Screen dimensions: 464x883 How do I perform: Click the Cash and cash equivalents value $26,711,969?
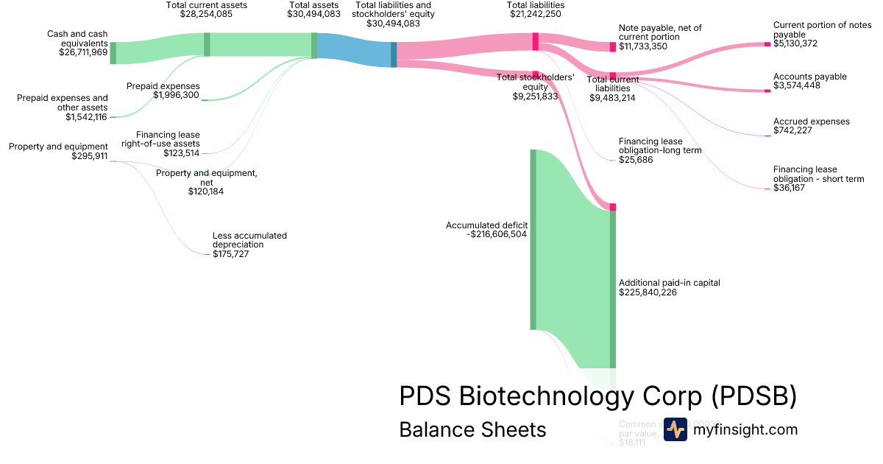(x=83, y=52)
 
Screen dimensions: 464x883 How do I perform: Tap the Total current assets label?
(x=207, y=5)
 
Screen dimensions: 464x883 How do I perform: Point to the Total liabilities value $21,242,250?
(x=536, y=14)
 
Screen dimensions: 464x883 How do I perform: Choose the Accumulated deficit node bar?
(x=533, y=239)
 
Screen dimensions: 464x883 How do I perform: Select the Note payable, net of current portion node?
(x=612, y=46)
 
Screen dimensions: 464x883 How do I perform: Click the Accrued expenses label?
(x=811, y=122)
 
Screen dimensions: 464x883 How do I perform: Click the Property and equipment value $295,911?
(x=89, y=156)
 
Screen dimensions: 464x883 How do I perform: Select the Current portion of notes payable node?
(x=767, y=44)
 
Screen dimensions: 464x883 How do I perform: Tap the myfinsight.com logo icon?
(x=675, y=429)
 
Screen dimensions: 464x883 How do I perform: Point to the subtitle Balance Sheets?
(x=472, y=429)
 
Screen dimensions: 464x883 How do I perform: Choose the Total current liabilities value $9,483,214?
(x=612, y=97)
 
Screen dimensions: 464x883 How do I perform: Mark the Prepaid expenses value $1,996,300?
(x=176, y=95)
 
